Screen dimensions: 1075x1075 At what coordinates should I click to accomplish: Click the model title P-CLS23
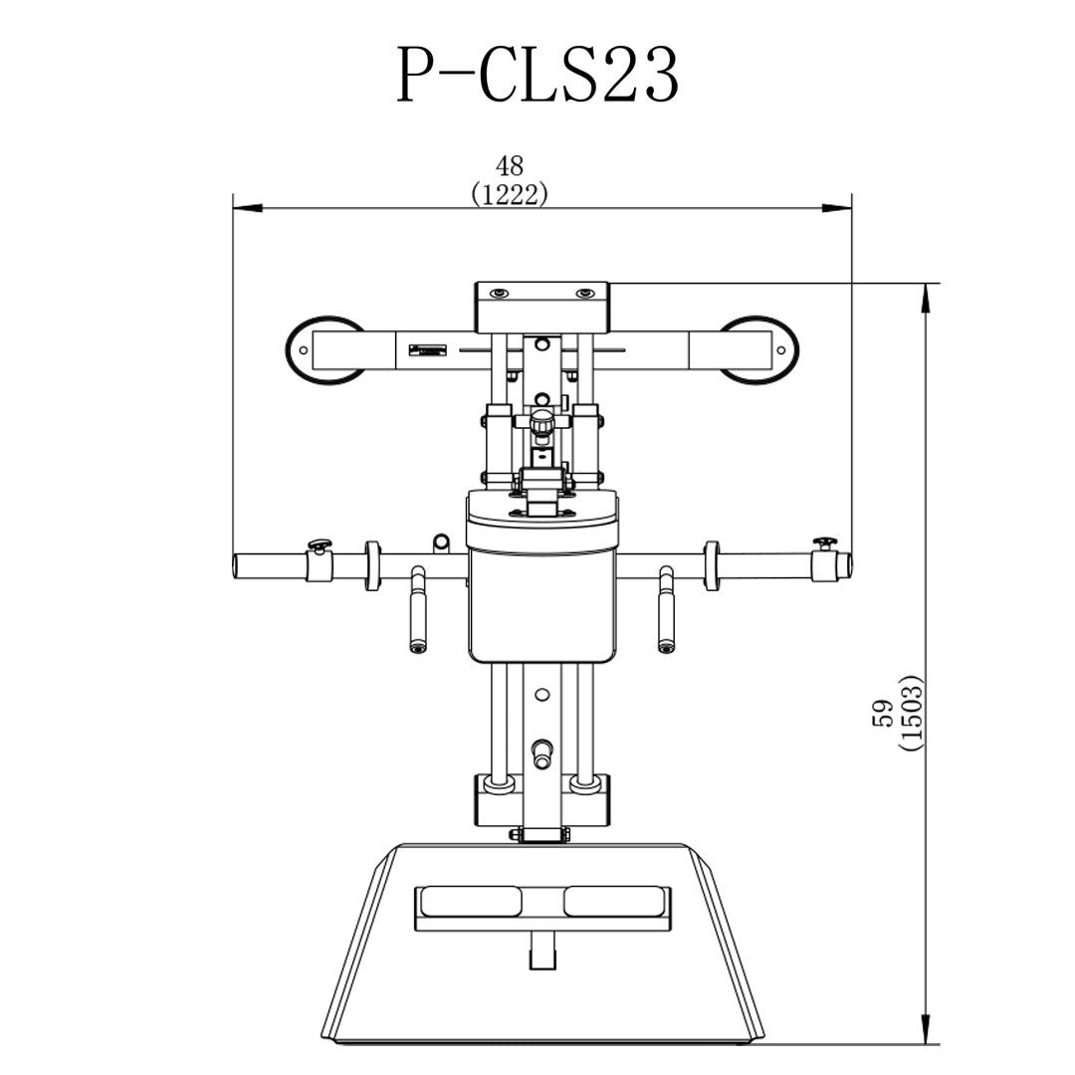pos(537,76)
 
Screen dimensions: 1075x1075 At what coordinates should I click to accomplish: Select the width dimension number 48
pos(509,166)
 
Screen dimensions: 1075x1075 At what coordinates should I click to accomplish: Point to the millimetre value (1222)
pos(509,194)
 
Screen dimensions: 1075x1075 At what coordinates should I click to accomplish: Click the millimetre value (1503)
pos(910,713)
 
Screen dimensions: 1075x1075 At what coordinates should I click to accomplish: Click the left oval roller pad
pos(323,349)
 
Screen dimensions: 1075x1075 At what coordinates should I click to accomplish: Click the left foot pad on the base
pos(471,901)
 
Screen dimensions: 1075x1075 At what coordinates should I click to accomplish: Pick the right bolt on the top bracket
pos(587,293)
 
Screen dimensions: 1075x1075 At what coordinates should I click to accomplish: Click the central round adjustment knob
pos(541,424)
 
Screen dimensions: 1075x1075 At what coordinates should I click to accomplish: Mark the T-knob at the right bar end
pos(825,542)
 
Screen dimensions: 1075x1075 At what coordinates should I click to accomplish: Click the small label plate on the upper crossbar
pos(426,349)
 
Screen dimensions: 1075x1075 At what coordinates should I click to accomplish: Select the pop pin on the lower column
pos(541,752)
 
